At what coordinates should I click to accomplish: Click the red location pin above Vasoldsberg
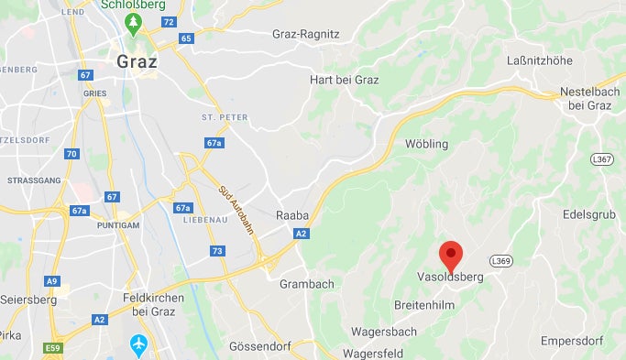pyautogui.click(x=451, y=253)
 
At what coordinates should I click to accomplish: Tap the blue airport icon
pyautogui.click(x=138, y=345)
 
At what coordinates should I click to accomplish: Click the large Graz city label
pyautogui.click(x=137, y=63)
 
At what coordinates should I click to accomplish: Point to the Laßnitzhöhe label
pyautogui.click(x=539, y=61)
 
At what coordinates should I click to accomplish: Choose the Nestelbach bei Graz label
pyautogui.click(x=589, y=99)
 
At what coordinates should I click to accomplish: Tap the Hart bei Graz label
pyautogui.click(x=345, y=80)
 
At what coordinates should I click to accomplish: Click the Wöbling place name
pyautogui.click(x=426, y=145)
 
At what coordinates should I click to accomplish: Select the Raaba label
pyautogui.click(x=292, y=216)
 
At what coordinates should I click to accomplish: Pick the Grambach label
pyautogui.click(x=306, y=284)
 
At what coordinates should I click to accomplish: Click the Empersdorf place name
pyautogui.click(x=572, y=341)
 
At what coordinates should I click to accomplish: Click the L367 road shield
pyautogui.click(x=601, y=159)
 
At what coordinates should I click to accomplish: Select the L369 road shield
pyautogui.click(x=500, y=261)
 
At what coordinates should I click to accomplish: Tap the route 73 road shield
pyautogui.click(x=217, y=250)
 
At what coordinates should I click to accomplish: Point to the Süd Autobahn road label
pyautogui.click(x=235, y=210)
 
